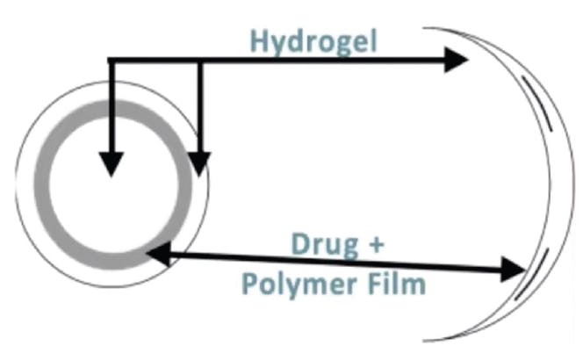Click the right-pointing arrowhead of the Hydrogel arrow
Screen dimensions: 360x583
(456, 61)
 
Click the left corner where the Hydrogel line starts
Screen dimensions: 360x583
(109, 61)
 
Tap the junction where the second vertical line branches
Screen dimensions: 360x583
(200, 61)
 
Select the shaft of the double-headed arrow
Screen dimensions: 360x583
(334, 262)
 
